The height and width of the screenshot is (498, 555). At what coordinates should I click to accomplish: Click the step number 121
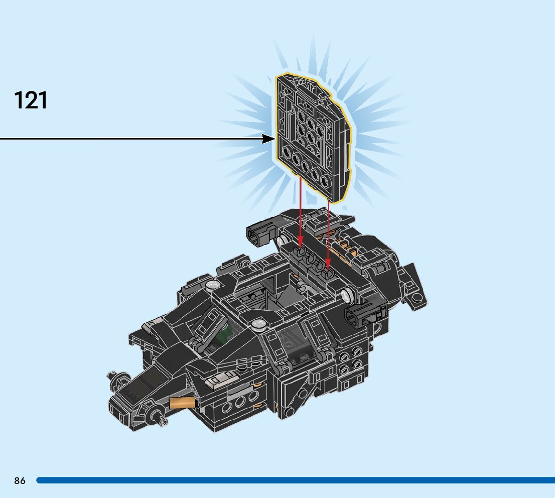[31, 100]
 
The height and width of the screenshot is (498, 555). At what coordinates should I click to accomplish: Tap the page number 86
[20, 480]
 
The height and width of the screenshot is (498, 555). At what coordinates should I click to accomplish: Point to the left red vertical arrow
[300, 211]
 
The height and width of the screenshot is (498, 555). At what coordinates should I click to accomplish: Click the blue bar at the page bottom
[296, 480]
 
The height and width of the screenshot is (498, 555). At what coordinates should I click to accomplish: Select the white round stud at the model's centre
[259, 324]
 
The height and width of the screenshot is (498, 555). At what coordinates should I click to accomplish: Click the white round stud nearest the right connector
[346, 294]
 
